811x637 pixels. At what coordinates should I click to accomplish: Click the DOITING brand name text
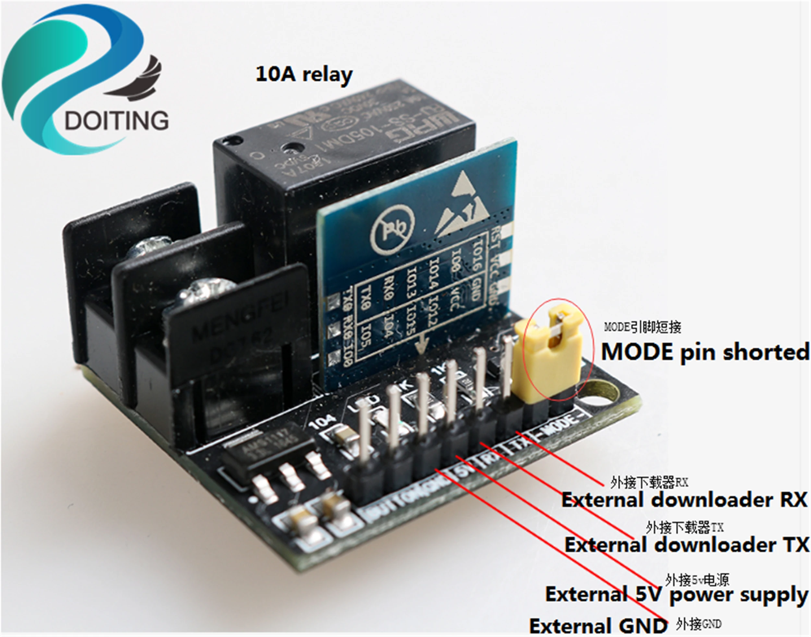pos(116,120)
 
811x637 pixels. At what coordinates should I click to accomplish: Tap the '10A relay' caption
pos(304,75)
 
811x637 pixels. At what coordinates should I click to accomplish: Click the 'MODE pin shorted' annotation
pos(705,352)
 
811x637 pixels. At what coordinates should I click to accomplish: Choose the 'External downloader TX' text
pos(687,545)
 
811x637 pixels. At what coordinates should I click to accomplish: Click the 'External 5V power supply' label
pos(676,594)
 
